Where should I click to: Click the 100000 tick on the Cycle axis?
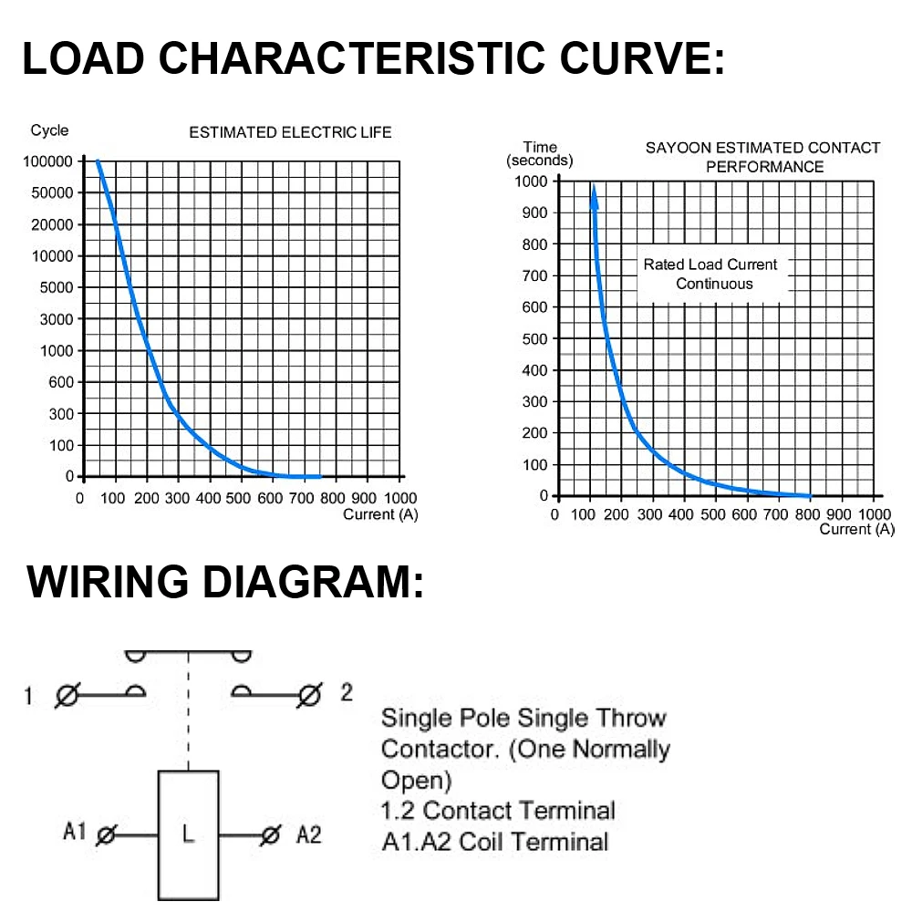pyautogui.click(x=47, y=161)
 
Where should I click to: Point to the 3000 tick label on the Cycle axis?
pyautogui.click(x=57, y=319)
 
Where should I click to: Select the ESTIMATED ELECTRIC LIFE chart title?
pyautogui.click(x=290, y=132)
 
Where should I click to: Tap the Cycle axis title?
pyautogui.click(x=49, y=130)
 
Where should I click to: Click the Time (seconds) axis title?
pyautogui.click(x=540, y=153)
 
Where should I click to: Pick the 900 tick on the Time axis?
pyautogui.click(x=534, y=212)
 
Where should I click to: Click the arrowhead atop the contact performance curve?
pyautogui.click(x=594, y=196)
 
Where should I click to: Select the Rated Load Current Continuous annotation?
pyautogui.click(x=710, y=274)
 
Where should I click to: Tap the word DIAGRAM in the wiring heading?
pyautogui.click(x=314, y=582)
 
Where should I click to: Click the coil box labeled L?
pyautogui.click(x=189, y=835)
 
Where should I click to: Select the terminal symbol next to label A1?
pyautogui.click(x=107, y=835)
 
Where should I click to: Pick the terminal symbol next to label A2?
pyautogui.click(x=271, y=835)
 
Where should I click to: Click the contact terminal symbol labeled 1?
pyautogui.click(x=67, y=695)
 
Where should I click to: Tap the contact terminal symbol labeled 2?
pyautogui.click(x=309, y=695)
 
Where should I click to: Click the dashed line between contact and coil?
pyautogui.click(x=189, y=710)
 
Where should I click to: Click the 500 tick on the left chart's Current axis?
pyautogui.click(x=238, y=499)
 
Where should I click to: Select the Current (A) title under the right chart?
pyautogui.click(x=856, y=529)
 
